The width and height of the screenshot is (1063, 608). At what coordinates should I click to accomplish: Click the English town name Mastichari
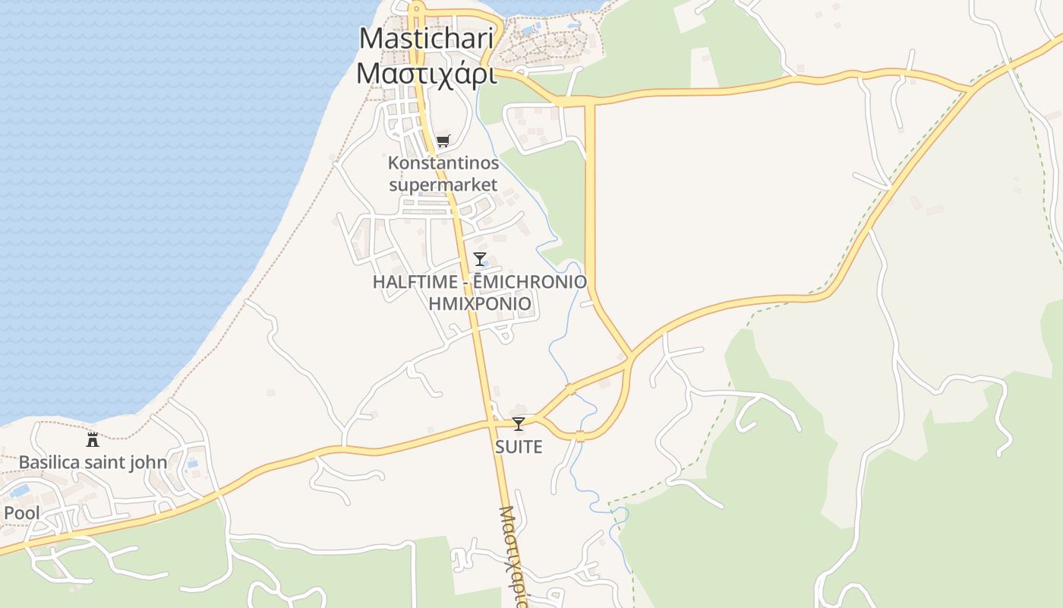[x=427, y=38]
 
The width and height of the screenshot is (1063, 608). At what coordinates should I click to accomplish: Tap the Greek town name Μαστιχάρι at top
[x=427, y=74]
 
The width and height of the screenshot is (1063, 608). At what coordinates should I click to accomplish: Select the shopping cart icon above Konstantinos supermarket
[x=443, y=141]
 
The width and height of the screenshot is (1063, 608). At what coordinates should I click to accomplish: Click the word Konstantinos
[x=443, y=163]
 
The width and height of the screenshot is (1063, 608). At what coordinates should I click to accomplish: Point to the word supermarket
[x=443, y=185]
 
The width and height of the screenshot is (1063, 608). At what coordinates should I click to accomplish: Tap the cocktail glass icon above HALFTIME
[x=479, y=259]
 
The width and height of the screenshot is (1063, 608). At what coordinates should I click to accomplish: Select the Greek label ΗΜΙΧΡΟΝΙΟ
[x=479, y=304]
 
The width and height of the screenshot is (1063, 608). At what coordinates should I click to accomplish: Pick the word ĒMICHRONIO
[x=530, y=282]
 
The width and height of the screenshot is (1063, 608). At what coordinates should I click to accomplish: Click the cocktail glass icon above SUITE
[x=519, y=424]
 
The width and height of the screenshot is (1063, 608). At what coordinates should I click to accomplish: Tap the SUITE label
[x=519, y=447]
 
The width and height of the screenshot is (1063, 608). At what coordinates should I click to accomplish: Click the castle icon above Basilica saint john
[x=93, y=439]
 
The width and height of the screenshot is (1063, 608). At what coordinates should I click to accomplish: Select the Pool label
[x=21, y=513]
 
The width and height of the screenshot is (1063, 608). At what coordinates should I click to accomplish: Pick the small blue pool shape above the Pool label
[x=20, y=490]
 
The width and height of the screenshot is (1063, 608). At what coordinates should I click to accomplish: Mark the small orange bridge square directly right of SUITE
[x=580, y=436]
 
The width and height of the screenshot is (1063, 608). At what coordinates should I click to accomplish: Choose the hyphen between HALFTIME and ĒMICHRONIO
[x=464, y=282]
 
